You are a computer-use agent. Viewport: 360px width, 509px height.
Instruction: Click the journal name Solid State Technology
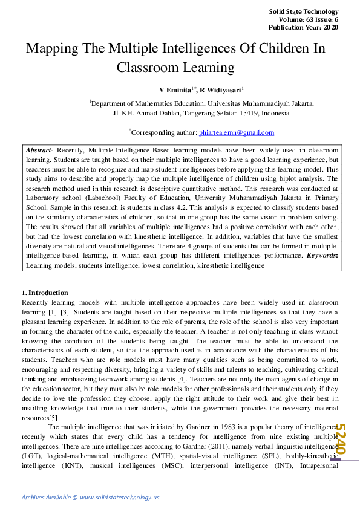pyautogui.click(x=303, y=11)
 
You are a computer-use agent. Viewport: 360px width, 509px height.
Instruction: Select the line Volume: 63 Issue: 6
pyautogui.click(x=309, y=20)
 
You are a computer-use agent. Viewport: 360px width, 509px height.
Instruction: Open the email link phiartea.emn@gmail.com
pyautogui.click(x=237, y=132)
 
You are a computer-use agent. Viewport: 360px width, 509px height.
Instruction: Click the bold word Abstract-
pyautogui.click(x=40, y=149)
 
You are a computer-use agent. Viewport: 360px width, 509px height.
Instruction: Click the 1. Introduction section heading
pyautogui.click(x=45, y=293)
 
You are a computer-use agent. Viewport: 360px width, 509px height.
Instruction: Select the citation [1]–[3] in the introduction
pyautogui.click(x=58, y=311)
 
